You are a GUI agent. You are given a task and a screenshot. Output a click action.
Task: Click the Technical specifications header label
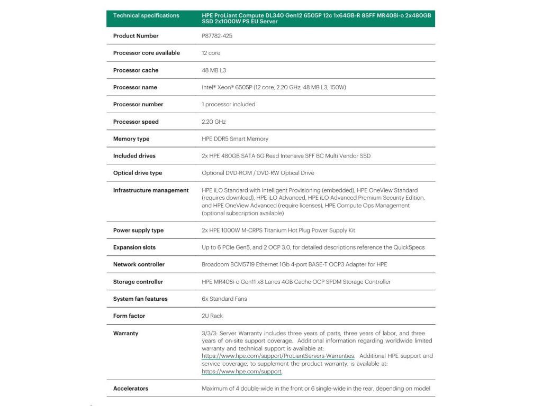(146, 15)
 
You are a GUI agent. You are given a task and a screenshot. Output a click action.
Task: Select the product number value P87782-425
(217, 36)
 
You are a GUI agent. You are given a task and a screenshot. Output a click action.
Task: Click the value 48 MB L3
(214, 70)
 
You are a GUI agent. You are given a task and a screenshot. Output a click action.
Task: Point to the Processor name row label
(135, 87)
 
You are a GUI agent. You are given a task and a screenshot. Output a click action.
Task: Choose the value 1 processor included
(228, 105)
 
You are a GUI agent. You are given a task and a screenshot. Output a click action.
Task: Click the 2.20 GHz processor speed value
(214, 122)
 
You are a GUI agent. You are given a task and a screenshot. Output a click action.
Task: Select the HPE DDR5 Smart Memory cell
(235, 139)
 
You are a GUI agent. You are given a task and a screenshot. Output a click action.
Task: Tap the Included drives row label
(134, 156)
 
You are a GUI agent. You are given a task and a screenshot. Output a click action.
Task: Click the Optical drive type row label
(138, 173)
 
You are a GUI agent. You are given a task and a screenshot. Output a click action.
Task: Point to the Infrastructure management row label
(151, 190)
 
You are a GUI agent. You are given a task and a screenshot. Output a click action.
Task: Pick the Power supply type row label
(138, 230)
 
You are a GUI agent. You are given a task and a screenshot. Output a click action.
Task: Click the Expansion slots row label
(134, 247)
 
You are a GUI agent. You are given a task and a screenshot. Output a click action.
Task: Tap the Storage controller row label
(138, 282)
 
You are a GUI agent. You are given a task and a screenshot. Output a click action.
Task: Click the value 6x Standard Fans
(224, 299)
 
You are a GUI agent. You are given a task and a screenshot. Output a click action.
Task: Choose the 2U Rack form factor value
(212, 316)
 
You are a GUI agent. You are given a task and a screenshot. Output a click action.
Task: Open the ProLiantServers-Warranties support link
(278, 356)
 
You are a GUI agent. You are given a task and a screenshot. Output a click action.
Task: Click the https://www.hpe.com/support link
(241, 372)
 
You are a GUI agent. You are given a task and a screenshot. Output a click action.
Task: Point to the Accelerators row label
(131, 389)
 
